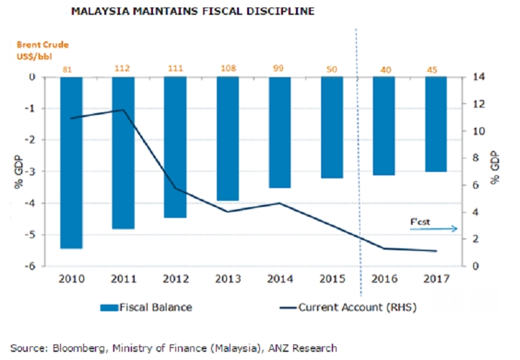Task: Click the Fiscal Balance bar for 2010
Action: (x=71, y=162)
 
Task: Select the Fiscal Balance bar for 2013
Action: (x=227, y=139)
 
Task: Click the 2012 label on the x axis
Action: (x=175, y=279)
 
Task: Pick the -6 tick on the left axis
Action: (x=30, y=267)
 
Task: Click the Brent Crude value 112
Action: (x=123, y=68)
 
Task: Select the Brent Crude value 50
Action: (x=331, y=68)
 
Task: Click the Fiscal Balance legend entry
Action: (x=146, y=307)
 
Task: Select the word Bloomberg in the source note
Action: (x=73, y=348)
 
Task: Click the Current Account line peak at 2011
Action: (x=123, y=110)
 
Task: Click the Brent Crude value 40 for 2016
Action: (x=383, y=68)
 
